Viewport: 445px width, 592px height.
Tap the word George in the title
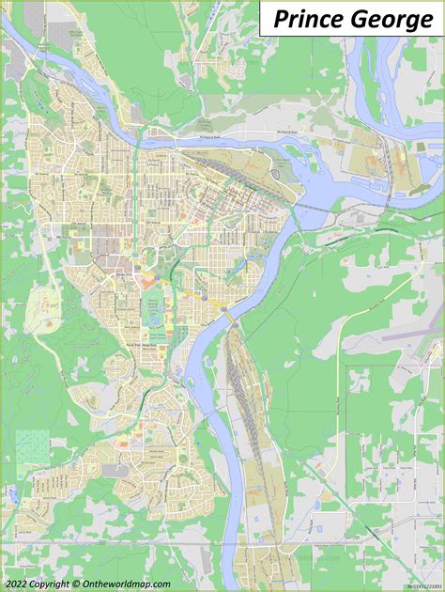(x=392, y=20)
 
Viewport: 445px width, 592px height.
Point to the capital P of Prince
(x=280, y=20)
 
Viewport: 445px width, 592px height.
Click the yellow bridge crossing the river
(x=229, y=319)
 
